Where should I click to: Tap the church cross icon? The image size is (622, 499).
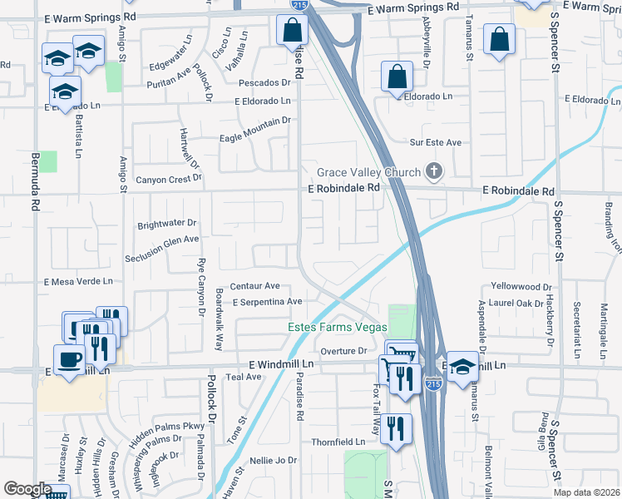(x=432, y=172)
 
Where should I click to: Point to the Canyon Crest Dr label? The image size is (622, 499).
(x=169, y=180)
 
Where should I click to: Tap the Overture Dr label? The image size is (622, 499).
(x=343, y=351)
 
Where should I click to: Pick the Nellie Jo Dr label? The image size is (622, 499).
(x=274, y=460)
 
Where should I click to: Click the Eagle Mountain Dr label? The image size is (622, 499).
(x=254, y=121)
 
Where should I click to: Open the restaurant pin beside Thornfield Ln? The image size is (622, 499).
(x=397, y=429)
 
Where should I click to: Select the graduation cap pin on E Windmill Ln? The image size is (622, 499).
(x=462, y=367)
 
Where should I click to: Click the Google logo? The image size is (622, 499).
(x=27, y=489)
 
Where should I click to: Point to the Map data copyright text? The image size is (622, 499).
(x=585, y=492)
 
